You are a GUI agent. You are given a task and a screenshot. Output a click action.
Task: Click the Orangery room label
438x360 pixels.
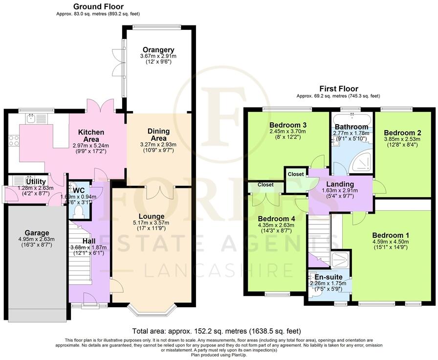coord(158,50)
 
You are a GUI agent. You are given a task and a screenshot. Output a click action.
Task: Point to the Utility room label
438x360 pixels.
coord(36,181)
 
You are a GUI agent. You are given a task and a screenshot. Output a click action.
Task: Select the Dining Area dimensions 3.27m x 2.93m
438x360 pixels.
coord(158,145)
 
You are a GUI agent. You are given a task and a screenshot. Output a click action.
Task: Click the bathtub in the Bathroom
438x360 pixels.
coord(351,119)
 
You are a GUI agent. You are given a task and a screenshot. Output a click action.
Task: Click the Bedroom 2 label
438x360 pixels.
coord(402,133)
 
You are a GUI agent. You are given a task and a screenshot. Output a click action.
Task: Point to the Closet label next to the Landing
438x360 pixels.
coord(296,174)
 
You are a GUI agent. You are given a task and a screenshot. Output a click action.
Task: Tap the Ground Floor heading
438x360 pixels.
coord(98,7)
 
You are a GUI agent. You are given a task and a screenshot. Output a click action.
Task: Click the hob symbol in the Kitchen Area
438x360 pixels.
coord(13,140)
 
